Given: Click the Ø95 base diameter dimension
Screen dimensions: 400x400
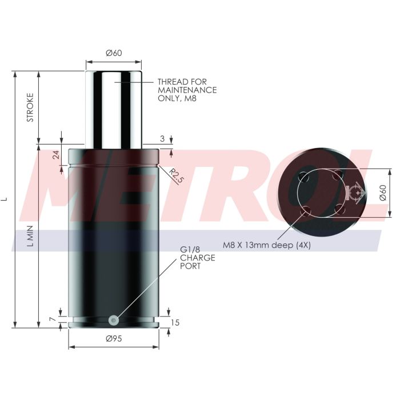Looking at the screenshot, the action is click(x=114, y=338).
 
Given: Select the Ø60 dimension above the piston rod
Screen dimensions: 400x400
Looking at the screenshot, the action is click(x=114, y=53).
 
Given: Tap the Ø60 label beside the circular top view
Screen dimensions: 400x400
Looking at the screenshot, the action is click(x=383, y=193).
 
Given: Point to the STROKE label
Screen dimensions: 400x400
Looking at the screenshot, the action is click(x=30, y=107).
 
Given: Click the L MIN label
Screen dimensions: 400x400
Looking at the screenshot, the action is click(x=30, y=236).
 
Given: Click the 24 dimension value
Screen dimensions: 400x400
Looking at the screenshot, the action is click(x=56, y=155).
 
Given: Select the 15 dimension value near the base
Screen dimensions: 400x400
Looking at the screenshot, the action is click(x=175, y=323).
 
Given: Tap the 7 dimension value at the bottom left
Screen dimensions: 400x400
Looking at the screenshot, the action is click(x=53, y=319).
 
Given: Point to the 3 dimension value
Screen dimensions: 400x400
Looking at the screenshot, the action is click(x=162, y=139).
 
